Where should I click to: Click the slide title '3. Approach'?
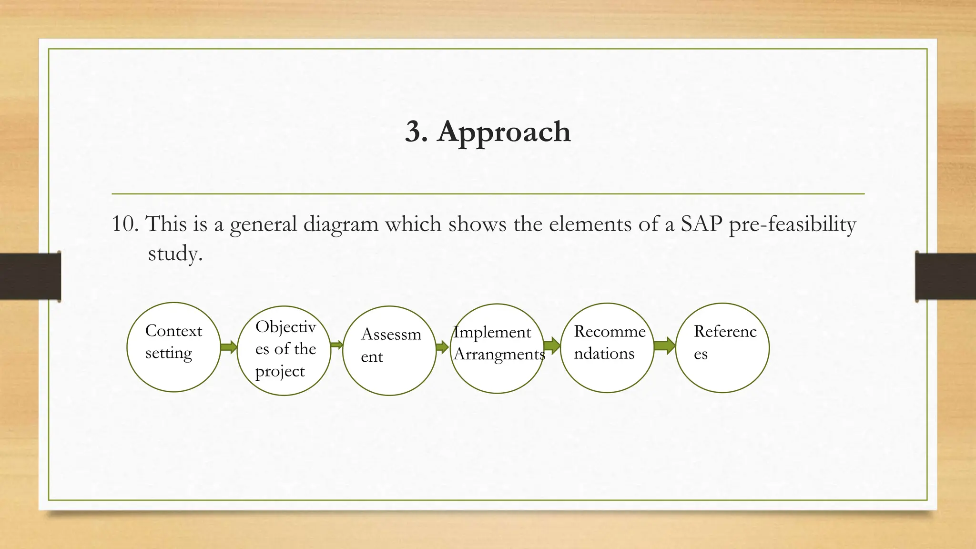pyautogui.click(x=488, y=132)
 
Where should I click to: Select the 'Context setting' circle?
pyautogui.click(x=174, y=347)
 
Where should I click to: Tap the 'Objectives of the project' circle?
pyautogui.click(x=285, y=350)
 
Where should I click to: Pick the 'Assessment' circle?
pyautogui.click(x=390, y=350)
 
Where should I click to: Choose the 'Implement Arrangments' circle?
pyautogui.click(x=498, y=348)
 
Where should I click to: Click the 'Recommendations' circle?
pyautogui.click(x=607, y=348)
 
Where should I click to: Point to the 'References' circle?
pyautogui.click(x=722, y=348)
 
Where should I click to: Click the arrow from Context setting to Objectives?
pyautogui.click(x=229, y=347)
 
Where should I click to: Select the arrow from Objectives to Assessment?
pyautogui.click(x=336, y=345)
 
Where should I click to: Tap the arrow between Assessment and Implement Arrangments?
pyautogui.click(x=443, y=346)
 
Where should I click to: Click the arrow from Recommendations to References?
pyautogui.click(x=664, y=346)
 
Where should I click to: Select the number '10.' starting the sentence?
pyautogui.click(x=125, y=224)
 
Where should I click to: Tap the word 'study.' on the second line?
pyautogui.click(x=175, y=254)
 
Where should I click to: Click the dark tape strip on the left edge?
pyautogui.click(x=30, y=276)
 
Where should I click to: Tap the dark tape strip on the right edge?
pyautogui.click(x=945, y=276)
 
